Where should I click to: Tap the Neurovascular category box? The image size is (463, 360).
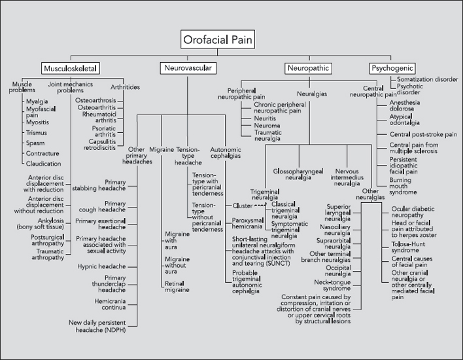click(188, 68)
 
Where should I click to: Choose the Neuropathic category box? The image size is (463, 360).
click(311, 68)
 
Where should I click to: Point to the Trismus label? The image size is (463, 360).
click(37, 132)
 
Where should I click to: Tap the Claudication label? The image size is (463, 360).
click(43, 164)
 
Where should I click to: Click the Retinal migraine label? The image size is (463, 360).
click(177, 285)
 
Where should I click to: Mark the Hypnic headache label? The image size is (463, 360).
click(101, 266)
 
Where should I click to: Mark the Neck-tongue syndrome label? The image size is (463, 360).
click(333, 285)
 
